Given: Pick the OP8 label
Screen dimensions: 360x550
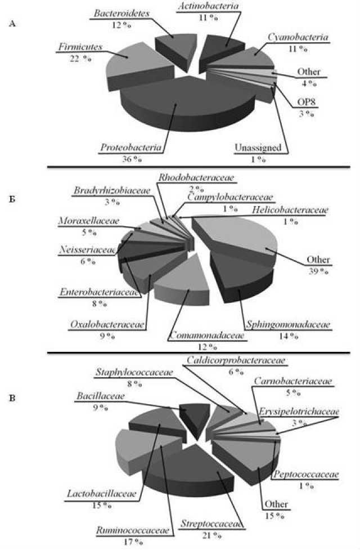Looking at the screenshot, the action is point(307,103).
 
